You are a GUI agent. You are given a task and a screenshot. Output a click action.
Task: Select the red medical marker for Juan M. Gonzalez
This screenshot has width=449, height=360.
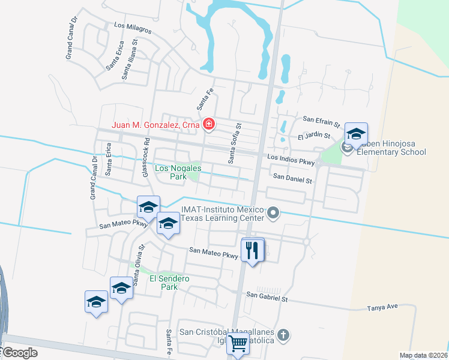pyautogui.click(x=209, y=125)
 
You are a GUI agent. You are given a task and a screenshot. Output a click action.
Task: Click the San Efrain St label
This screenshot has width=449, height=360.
pyautogui.click(x=321, y=119)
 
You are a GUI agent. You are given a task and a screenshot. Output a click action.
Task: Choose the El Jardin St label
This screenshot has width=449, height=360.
pyautogui.click(x=314, y=136)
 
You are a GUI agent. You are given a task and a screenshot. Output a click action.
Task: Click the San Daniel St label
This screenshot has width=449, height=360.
pyautogui.click(x=293, y=179)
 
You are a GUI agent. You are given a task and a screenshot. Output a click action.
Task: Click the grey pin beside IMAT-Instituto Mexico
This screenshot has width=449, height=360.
pyautogui.click(x=274, y=212)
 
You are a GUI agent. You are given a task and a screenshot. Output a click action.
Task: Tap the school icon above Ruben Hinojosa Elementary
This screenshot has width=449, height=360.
pyautogui.click(x=356, y=134)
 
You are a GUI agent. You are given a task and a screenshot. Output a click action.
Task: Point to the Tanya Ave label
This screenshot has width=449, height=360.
pyautogui.click(x=382, y=307)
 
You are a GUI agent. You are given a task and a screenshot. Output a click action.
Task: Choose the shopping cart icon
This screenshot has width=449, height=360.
pyautogui.click(x=238, y=344)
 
